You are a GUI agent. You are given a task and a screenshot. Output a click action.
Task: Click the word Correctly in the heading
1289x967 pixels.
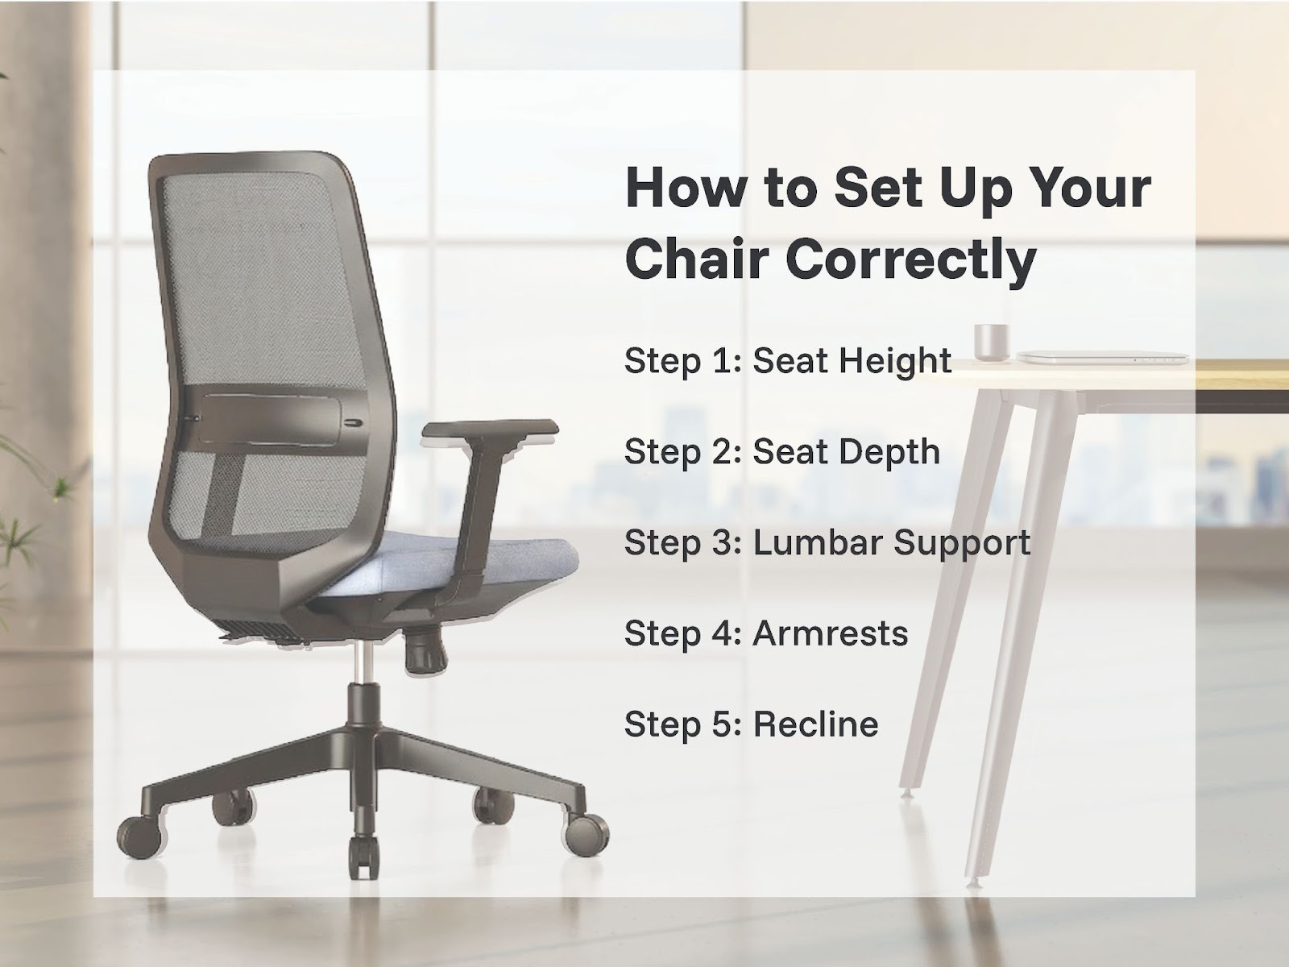(910, 260)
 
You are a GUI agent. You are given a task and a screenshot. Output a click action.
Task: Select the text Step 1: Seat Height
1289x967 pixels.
(787, 361)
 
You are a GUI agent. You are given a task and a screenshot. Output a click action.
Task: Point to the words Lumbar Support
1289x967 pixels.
(892, 543)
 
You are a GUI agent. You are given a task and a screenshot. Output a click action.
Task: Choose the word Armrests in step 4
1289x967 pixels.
(831, 633)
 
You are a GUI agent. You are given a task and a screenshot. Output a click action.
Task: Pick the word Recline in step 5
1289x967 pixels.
(815, 724)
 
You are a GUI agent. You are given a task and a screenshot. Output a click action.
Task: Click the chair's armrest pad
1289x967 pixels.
(490, 430)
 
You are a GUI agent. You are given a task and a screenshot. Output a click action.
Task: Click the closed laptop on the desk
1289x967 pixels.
(1102, 356)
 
